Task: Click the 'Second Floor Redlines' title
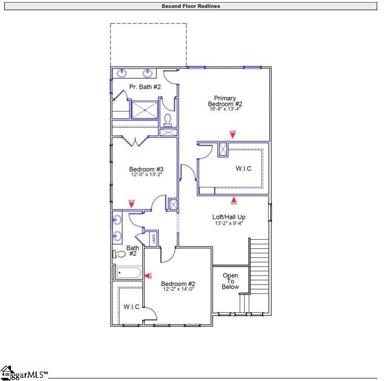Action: (191, 6)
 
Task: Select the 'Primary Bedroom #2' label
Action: (225, 101)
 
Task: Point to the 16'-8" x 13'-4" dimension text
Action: (225, 110)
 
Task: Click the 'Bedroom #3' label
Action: (146, 169)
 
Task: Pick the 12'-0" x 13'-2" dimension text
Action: (146, 175)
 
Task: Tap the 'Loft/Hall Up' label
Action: (228, 217)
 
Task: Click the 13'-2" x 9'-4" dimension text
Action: (228, 223)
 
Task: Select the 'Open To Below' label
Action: (230, 281)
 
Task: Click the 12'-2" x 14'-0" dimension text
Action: (178, 289)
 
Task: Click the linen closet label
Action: (153, 239)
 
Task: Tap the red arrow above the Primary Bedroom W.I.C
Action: (233, 134)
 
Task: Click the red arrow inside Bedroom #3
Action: (131, 203)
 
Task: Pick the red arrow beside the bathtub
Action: (148, 275)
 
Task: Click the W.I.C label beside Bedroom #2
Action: (131, 306)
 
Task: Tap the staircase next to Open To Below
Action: (259, 268)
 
